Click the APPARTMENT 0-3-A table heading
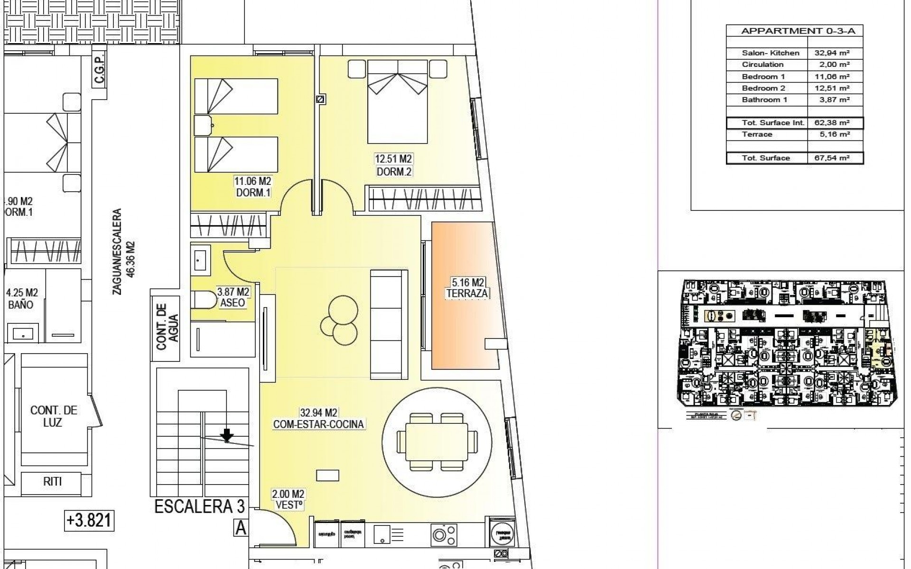pyautogui.click(x=795, y=31)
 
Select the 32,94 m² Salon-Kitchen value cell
pyautogui.click(x=835, y=53)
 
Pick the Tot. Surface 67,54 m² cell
pyautogui.click(x=835, y=158)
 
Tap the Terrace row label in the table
pyautogui.click(x=757, y=135)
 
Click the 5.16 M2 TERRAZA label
pyautogui.click(x=467, y=289)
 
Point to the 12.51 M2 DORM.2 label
pyautogui.click(x=393, y=166)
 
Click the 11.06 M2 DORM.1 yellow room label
pyautogui.click(x=252, y=187)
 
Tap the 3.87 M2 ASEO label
pyautogui.click(x=232, y=297)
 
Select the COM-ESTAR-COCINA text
pyautogui.click(x=318, y=424)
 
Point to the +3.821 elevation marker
pyautogui.click(x=89, y=520)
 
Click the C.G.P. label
pyautogui.click(x=99, y=72)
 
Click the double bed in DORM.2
pyautogui.click(x=398, y=101)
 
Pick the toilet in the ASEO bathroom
pyautogui.click(x=203, y=300)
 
